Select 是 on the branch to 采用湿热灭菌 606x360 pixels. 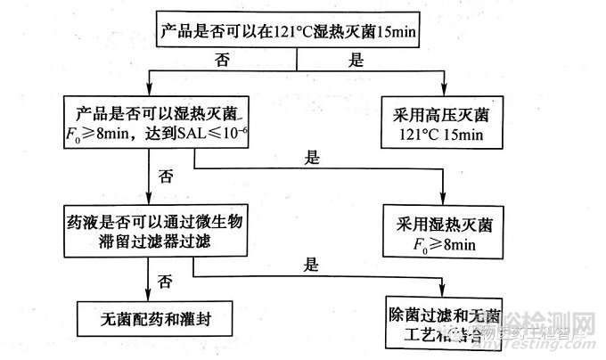tap(311, 156)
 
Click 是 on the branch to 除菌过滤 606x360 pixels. tap(310, 265)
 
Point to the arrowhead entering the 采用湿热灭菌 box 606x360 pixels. tap(444, 200)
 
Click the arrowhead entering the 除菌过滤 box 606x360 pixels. tap(444, 290)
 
